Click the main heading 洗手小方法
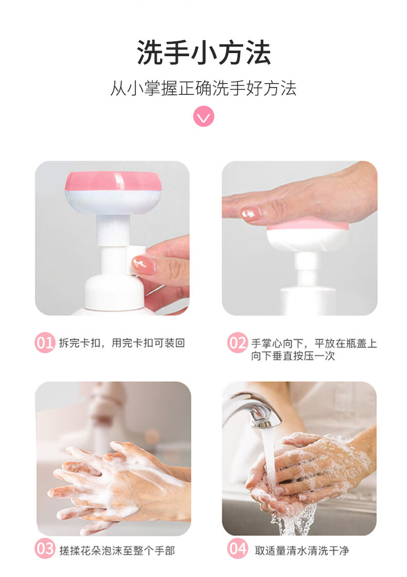click(x=203, y=53)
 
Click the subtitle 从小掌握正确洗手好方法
click(x=203, y=88)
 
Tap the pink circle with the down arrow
click(x=203, y=117)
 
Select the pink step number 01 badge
click(x=45, y=343)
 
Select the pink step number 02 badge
click(x=237, y=343)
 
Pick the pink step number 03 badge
click(x=45, y=549)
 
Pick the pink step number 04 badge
click(x=237, y=549)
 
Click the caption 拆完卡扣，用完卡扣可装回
click(x=122, y=343)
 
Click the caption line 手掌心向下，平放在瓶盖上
click(x=314, y=343)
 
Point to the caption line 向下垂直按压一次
click(x=293, y=356)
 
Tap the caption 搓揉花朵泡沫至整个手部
click(x=117, y=551)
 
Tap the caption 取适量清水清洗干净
click(x=302, y=551)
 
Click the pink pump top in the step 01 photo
click(x=113, y=182)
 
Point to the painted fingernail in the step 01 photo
click(x=143, y=265)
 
